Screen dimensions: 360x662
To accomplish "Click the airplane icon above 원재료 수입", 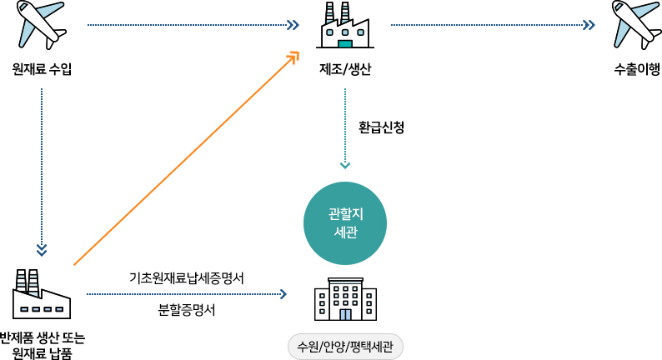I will click(x=42, y=25).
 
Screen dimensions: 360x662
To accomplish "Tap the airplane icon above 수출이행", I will click(x=636, y=25).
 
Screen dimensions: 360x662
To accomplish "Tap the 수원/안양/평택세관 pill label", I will click(x=345, y=346).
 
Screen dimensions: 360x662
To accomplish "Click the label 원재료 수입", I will click(x=42, y=68).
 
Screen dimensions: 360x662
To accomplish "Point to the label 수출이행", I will click(x=636, y=68).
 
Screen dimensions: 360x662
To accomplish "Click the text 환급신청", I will click(x=381, y=127).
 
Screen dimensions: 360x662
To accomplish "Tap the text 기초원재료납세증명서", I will click(x=187, y=277).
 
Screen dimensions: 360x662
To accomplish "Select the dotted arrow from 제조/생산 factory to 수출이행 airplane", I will click(x=492, y=25).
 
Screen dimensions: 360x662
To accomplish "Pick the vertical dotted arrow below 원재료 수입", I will click(x=42, y=167).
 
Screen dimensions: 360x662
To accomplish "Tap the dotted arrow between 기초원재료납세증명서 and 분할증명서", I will click(x=187, y=294).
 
